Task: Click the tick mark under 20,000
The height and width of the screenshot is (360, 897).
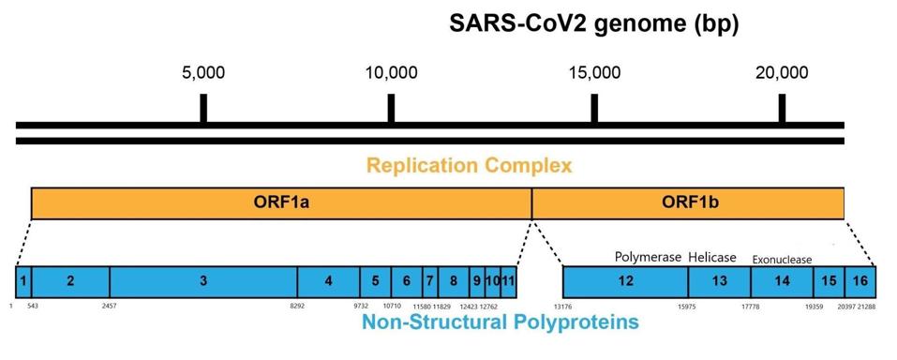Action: (x=783, y=108)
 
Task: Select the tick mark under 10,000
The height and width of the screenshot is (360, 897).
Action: (x=391, y=108)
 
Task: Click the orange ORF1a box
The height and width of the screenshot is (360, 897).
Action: (x=281, y=202)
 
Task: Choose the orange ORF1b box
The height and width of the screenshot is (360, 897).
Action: (x=688, y=202)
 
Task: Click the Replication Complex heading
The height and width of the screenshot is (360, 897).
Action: (x=469, y=167)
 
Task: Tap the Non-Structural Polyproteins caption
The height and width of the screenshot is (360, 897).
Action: (x=501, y=323)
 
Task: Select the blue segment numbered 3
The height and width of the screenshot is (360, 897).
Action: (x=203, y=281)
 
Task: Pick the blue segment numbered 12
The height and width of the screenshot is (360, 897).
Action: (x=625, y=281)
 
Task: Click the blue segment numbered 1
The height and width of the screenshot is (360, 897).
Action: (x=23, y=281)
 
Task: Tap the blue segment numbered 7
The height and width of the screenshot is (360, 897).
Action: (x=429, y=281)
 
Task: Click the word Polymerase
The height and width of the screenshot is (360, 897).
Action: (x=648, y=257)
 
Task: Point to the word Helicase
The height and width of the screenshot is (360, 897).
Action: (x=712, y=257)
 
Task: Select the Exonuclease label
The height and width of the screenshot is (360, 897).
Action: (x=783, y=260)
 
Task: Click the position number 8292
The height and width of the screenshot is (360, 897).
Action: (x=297, y=306)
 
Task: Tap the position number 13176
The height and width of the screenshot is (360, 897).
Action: (x=562, y=306)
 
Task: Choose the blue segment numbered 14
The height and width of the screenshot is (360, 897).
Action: (x=782, y=281)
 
